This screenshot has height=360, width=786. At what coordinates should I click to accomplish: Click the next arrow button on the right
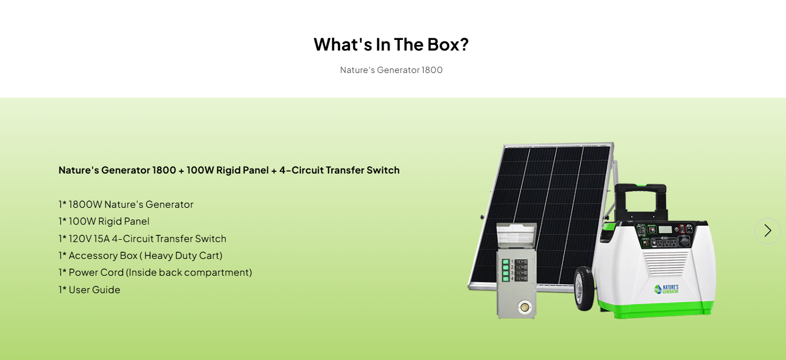tap(767, 231)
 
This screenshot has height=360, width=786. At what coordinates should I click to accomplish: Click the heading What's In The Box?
tap(391, 44)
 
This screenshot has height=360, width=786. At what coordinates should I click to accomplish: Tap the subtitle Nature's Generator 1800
tap(391, 70)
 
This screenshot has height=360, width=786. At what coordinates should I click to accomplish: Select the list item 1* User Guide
tap(89, 290)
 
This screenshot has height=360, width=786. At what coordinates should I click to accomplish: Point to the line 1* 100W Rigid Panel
tap(104, 221)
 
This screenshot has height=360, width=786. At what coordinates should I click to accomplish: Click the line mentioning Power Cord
tap(155, 272)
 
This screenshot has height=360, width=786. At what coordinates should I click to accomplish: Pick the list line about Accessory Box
tap(140, 256)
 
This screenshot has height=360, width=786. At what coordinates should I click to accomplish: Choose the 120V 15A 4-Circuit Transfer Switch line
tap(143, 239)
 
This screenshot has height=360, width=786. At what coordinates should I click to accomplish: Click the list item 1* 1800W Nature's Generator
tap(126, 204)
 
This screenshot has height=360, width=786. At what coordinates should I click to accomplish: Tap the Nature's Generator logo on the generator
tap(666, 289)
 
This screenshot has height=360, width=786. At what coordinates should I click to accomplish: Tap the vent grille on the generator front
tap(665, 261)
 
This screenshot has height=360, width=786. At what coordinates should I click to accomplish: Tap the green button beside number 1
tap(505, 262)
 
